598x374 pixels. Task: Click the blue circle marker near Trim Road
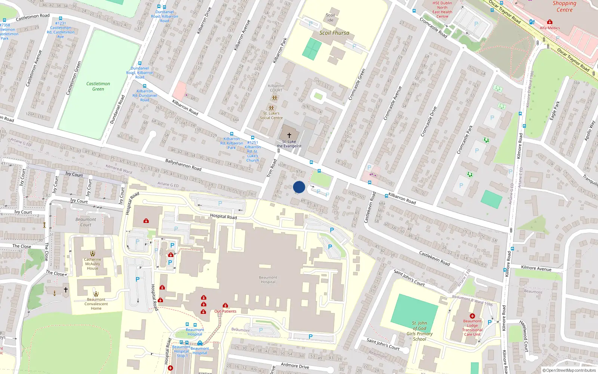[x=299, y=187]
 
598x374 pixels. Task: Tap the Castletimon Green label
[x=98, y=86]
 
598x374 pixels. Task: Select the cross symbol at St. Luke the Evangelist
[x=289, y=135]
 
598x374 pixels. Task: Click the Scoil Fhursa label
[x=334, y=33]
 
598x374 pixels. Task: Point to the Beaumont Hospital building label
[x=268, y=280]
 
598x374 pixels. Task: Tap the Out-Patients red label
[x=225, y=311]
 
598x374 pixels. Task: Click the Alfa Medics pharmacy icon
[x=549, y=22]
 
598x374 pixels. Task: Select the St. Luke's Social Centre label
[x=271, y=116]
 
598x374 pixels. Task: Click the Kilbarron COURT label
[x=276, y=88]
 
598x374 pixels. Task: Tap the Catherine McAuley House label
[x=92, y=264]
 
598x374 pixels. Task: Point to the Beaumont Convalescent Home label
[x=96, y=304]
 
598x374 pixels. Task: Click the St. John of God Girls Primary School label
[x=419, y=331]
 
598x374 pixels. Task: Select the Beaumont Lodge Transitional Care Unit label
[x=472, y=328]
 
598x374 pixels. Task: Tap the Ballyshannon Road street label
[x=183, y=165]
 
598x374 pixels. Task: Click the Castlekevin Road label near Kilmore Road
[x=434, y=258]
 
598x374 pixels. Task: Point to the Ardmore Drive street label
[x=295, y=365]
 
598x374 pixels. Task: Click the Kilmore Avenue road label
[x=536, y=268]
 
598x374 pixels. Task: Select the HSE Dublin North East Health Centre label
[x=442, y=10]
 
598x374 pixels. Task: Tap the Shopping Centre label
[x=564, y=6]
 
